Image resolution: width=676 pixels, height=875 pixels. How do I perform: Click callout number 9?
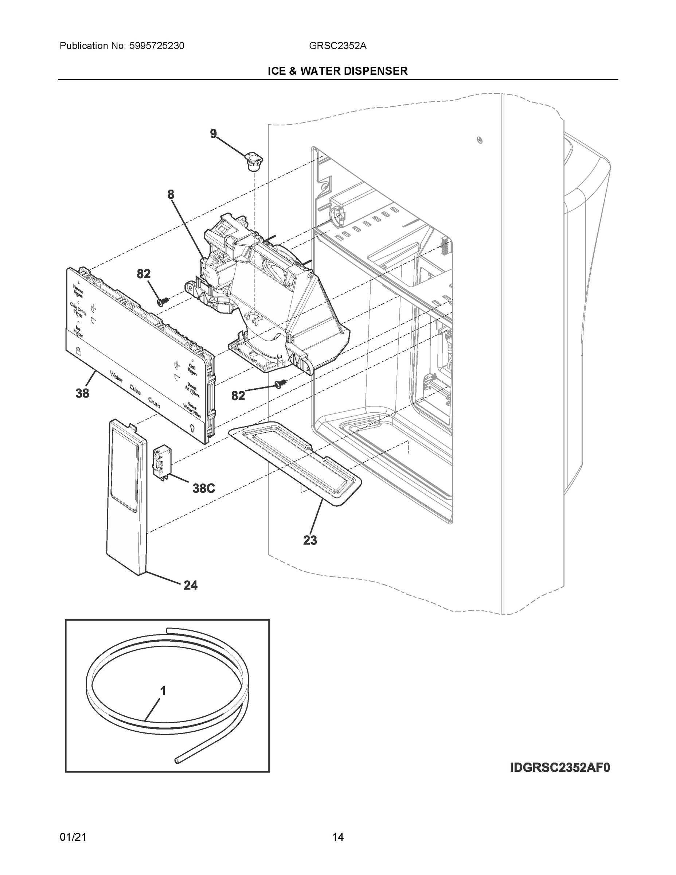pos(214,133)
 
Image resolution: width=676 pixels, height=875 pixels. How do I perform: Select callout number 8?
pos(171,195)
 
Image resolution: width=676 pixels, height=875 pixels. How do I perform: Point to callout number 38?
pos(82,393)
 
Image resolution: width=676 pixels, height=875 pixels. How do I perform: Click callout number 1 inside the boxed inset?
pos(163,691)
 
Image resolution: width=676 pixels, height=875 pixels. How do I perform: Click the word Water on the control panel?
pos(116,377)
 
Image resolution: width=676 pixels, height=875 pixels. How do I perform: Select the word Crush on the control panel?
pos(154,402)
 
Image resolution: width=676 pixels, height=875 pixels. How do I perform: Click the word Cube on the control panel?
pos(135,389)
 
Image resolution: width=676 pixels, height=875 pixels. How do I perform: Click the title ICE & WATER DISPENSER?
pos(337,71)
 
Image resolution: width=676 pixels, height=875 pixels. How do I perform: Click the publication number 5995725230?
pos(157,46)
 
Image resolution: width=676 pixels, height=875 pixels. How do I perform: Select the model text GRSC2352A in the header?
pos(337,46)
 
